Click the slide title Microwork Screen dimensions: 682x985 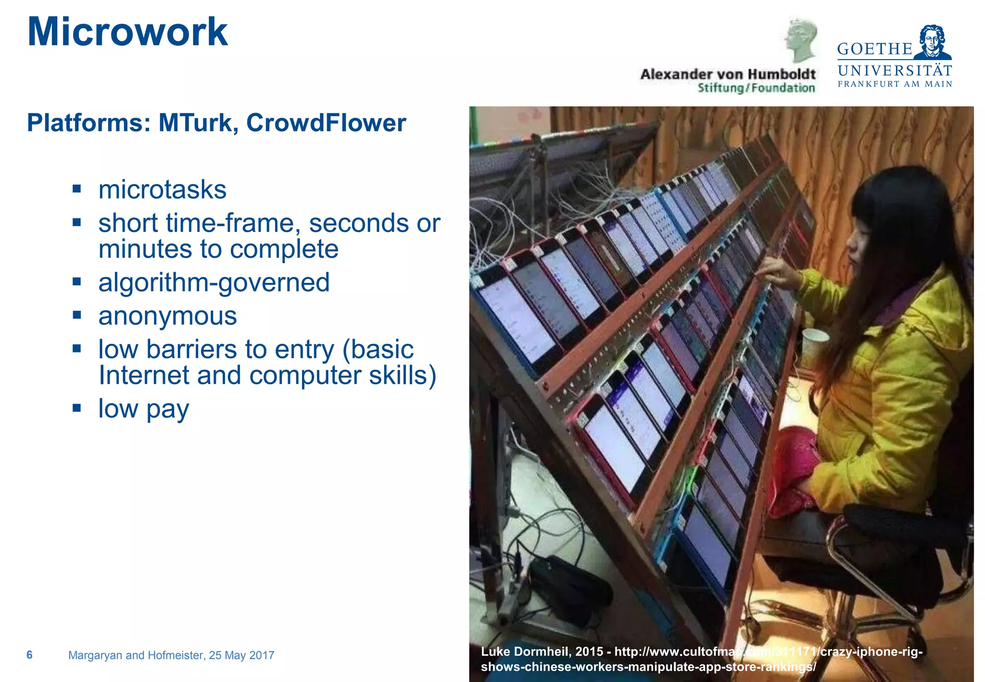(127, 32)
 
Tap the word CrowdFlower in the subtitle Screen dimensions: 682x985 (326, 123)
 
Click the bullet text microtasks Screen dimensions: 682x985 (162, 189)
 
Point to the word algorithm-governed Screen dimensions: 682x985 (214, 282)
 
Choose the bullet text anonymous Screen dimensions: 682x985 (167, 316)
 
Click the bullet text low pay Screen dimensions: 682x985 (143, 409)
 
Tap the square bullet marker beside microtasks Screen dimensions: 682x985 (77, 188)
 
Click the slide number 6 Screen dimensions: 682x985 (29, 655)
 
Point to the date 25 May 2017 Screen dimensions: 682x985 (241, 655)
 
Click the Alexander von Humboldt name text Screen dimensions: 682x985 (728, 75)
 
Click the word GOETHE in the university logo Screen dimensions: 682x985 (874, 49)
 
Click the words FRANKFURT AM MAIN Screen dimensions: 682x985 (895, 84)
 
